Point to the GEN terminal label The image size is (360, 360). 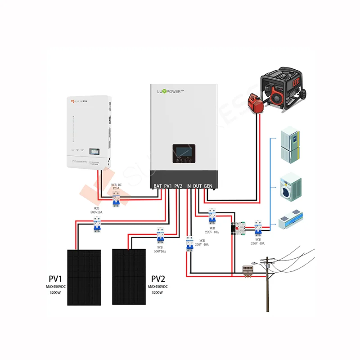pyautogui.click(x=208, y=186)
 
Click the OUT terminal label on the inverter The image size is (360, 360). pyautogui.click(x=198, y=186)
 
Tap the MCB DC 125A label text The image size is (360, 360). pyautogui.click(x=117, y=187)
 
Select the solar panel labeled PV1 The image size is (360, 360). pyautogui.click(x=84, y=277)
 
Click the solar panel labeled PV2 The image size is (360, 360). pyautogui.click(x=129, y=276)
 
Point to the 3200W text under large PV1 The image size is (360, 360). pyautogui.click(x=57, y=292)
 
